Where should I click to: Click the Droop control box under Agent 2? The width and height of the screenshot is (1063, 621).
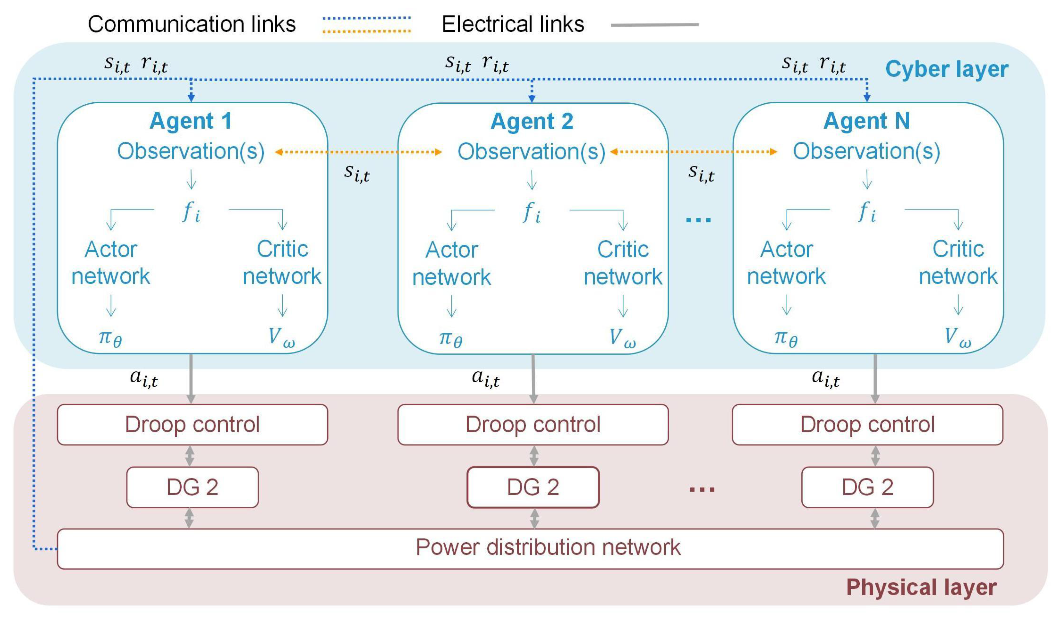(x=533, y=425)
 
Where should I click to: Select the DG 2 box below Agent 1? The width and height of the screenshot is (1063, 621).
(x=192, y=487)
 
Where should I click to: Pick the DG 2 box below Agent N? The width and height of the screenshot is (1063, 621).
(x=867, y=487)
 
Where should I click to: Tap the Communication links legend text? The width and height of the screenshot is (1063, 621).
(x=191, y=24)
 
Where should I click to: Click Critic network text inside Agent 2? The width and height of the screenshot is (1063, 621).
(x=623, y=263)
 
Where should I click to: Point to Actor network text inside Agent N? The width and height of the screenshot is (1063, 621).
(x=786, y=263)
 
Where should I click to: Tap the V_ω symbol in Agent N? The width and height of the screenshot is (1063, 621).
(x=958, y=337)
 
